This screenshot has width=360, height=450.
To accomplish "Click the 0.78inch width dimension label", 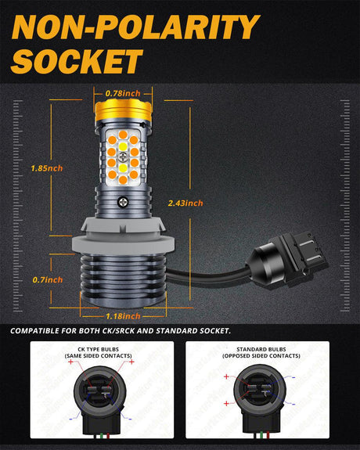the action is (123, 93).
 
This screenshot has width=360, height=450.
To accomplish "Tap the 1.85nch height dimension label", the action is (47, 168).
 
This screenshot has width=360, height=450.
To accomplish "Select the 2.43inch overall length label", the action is (185, 203).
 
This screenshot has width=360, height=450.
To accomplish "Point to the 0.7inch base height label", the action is (48, 279).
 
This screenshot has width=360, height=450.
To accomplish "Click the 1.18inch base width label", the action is (123, 316).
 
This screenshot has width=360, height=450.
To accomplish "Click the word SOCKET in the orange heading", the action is (77, 61).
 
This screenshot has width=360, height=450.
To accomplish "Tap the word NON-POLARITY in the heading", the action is (135, 27).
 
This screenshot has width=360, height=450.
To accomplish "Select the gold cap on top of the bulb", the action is (123, 110).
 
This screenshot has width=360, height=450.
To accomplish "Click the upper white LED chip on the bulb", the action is (123, 146).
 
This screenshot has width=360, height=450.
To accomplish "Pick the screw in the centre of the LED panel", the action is (123, 157).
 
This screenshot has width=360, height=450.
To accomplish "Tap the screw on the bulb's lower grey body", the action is (123, 202).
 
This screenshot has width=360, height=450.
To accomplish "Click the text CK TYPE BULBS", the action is (98, 349).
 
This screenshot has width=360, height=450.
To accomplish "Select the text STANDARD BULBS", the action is (261, 349).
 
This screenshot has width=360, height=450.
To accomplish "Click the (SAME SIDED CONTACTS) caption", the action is (98, 356).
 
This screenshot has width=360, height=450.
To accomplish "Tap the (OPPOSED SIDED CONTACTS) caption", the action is (261, 356).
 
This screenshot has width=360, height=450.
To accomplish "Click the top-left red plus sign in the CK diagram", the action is (71, 362).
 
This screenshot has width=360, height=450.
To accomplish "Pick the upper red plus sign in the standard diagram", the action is (226, 376).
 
